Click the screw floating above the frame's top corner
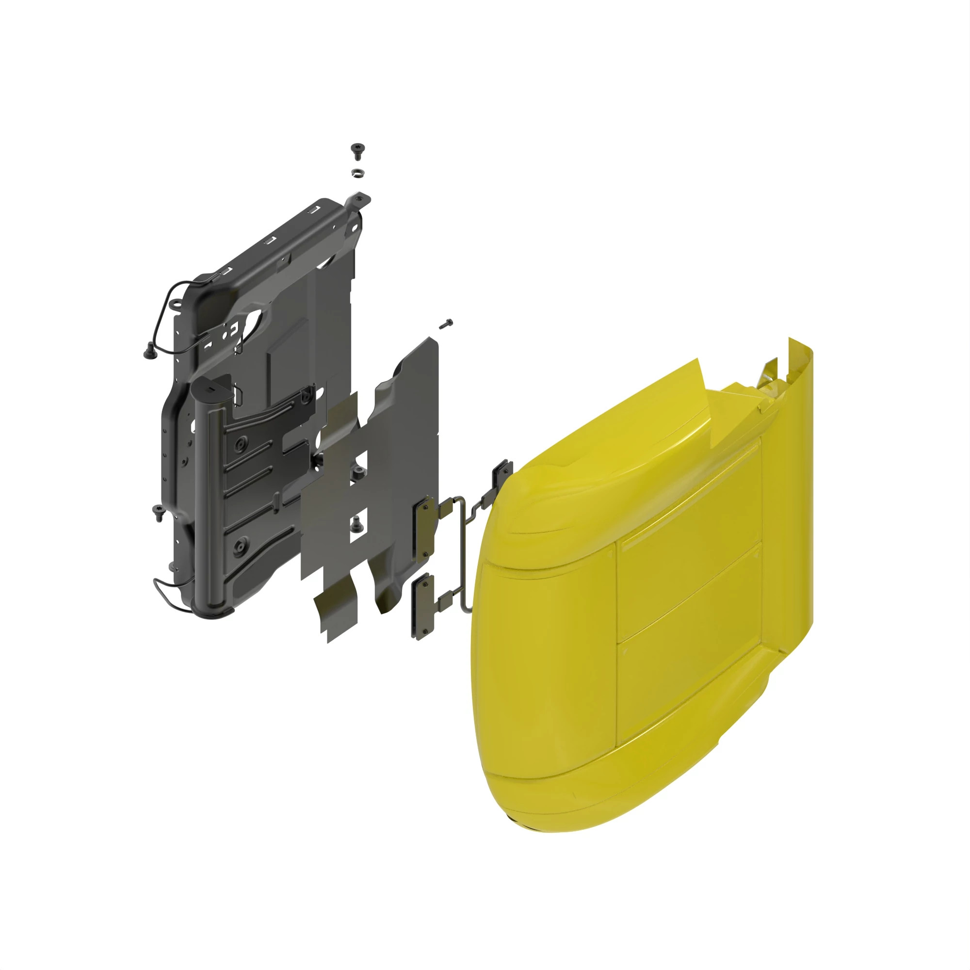coord(357,149)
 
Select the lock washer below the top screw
coord(357,172)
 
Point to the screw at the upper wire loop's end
coord(148,353)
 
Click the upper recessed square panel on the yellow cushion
coord(688,502)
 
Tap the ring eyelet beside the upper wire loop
coord(176,304)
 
